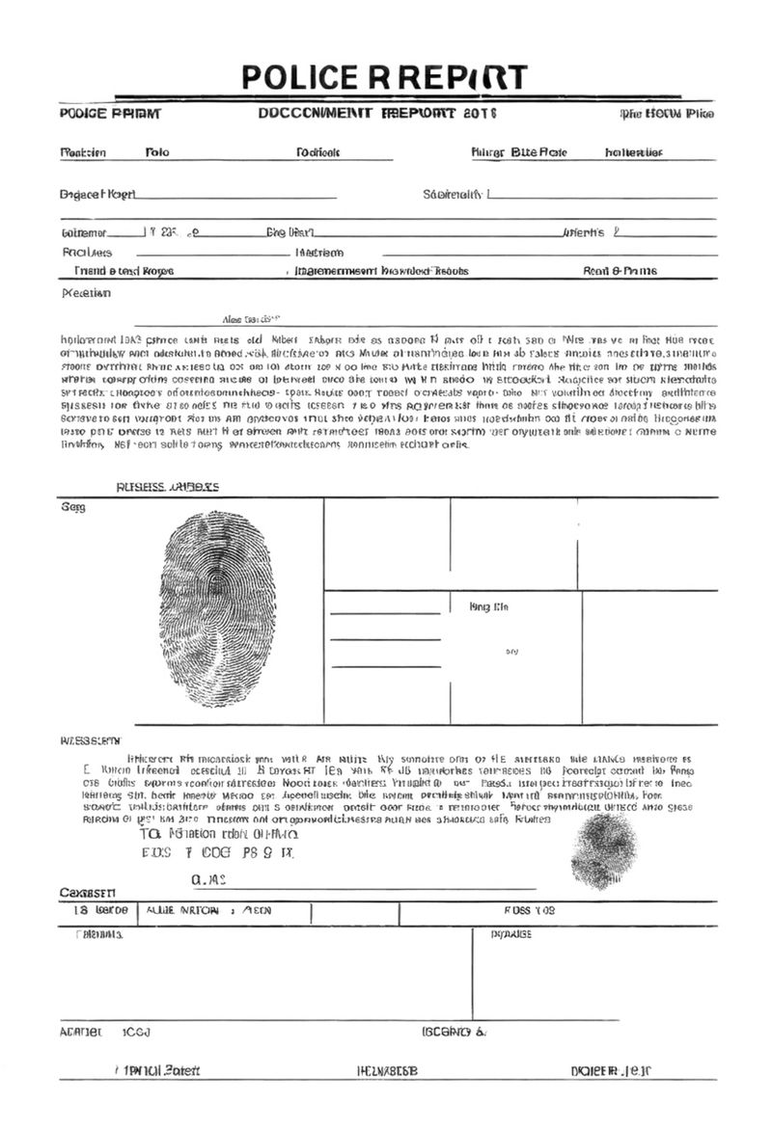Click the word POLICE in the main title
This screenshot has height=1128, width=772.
(295, 77)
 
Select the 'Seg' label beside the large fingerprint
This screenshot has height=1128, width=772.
(72, 508)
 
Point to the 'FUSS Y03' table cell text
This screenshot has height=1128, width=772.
(530, 911)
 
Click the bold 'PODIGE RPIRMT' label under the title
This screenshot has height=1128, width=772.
(110, 114)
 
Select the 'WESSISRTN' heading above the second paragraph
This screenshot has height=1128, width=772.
(91, 740)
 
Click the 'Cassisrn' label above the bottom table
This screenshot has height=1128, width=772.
(88, 893)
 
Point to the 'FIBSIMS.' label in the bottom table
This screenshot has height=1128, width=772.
(99, 935)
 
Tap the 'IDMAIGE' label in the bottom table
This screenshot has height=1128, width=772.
(511, 935)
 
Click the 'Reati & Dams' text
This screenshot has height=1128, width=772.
(620, 272)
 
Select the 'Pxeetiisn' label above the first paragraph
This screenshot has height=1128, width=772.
(86, 293)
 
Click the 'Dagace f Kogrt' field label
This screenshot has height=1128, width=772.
(97, 195)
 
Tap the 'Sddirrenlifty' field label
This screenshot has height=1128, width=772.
(453, 195)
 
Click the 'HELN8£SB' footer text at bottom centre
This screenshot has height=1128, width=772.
(387, 1071)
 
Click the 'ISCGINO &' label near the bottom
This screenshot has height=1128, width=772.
(454, 1033)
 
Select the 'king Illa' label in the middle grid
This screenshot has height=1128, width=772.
(488, 606)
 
